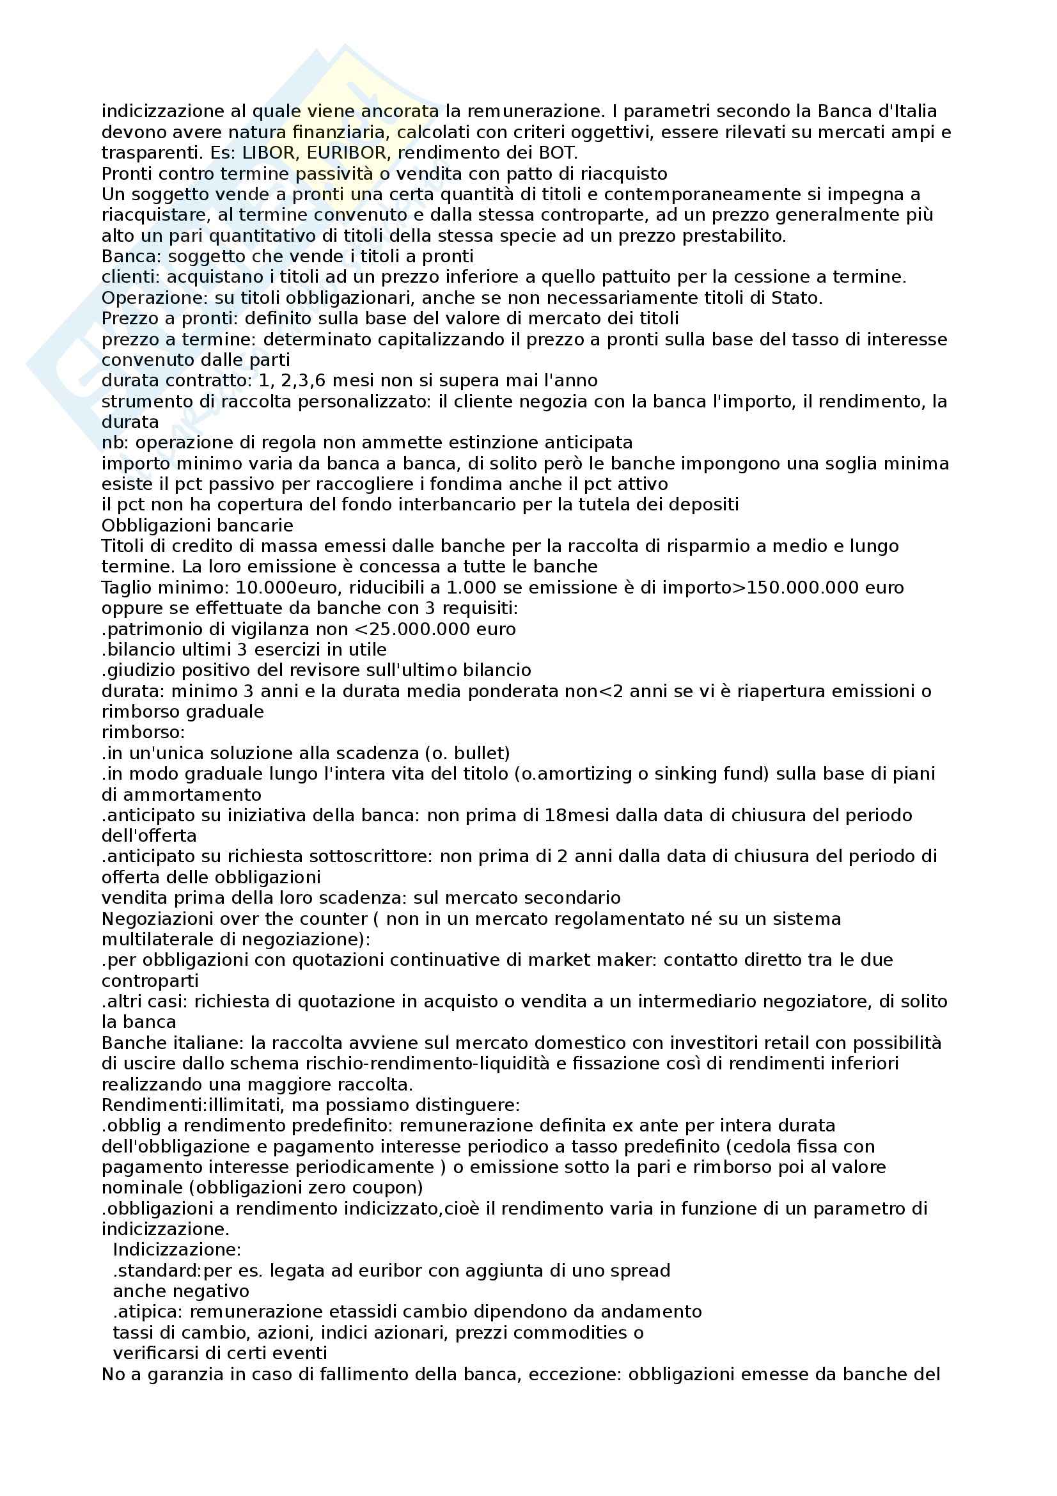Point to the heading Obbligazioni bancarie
tap(198, 525)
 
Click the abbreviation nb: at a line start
tap(116, 443)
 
